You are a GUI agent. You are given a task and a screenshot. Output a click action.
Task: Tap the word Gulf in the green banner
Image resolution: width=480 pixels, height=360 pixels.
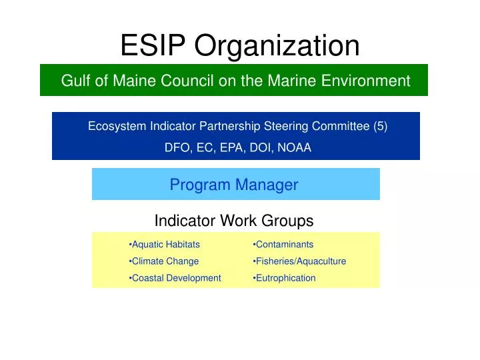[75, 81]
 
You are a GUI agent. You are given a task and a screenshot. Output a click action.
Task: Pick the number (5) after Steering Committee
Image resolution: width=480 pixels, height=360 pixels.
[381, 127]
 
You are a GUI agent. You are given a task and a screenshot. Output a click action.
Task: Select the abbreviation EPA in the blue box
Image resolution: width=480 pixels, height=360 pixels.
[235, 148]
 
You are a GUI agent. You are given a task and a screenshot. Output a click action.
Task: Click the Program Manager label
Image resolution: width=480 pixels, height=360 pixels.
[234, 185]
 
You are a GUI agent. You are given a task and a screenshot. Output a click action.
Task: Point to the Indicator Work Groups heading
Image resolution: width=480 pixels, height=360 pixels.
[234, 221]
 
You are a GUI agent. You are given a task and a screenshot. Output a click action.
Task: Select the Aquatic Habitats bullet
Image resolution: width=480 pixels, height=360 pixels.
[165, 245]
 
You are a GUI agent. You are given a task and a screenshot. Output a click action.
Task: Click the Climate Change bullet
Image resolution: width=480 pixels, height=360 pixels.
[165, 261]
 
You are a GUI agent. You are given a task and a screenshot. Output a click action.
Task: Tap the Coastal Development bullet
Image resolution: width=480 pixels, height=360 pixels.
[176, 278]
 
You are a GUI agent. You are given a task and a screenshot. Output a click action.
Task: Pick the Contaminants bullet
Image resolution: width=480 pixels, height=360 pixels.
[284, 245]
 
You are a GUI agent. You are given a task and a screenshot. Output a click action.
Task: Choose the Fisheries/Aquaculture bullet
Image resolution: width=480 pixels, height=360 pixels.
[301, 261]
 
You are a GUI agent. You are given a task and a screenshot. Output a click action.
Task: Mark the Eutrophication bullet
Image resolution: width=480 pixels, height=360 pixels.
[285, 278]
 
